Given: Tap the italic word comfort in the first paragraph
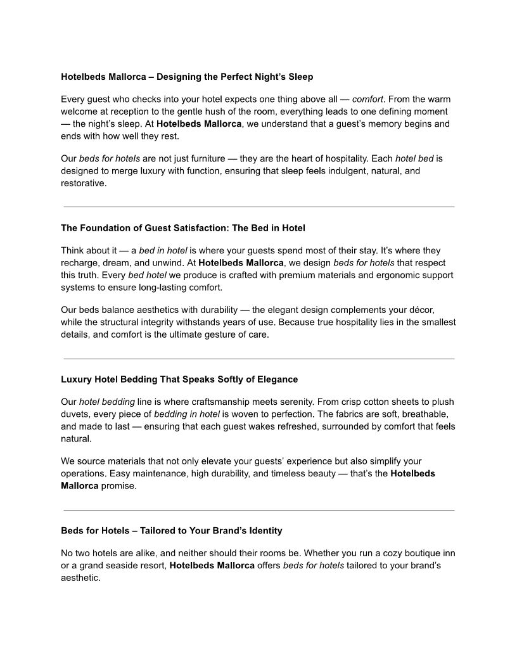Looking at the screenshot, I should (367, 99).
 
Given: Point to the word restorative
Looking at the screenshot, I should (84, 183).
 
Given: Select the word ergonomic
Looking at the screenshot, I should (388, 275).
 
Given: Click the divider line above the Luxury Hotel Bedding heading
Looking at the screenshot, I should (258, 359).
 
